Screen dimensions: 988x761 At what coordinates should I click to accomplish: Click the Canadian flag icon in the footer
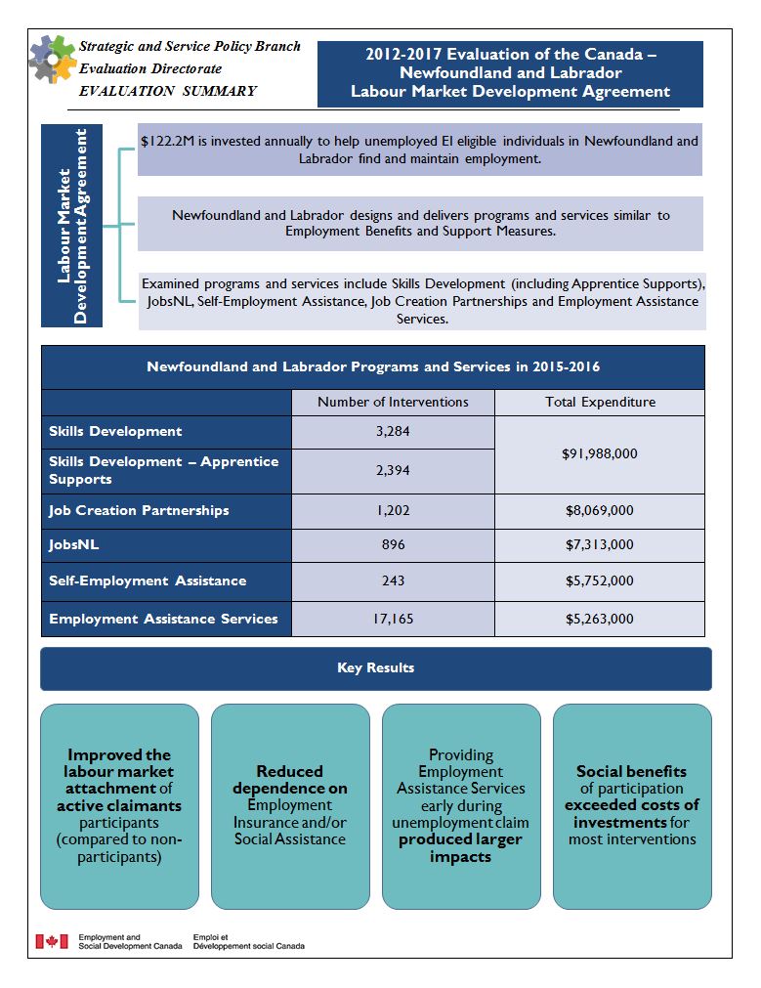(51, 941)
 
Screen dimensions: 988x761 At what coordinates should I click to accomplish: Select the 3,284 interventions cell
(393, 431)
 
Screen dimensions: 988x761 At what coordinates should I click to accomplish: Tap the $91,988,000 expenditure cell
(600, 454)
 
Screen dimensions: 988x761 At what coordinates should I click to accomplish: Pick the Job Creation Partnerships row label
(139, 510)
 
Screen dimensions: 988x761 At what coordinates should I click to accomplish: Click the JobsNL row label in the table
(74, 545)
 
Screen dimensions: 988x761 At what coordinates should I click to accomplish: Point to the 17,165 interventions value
(393, 619)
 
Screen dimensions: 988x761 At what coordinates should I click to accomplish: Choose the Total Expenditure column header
(600, 402)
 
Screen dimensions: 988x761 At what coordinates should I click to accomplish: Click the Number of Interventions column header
(393, 402)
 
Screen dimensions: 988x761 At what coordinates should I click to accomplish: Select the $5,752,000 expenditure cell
(600, 580)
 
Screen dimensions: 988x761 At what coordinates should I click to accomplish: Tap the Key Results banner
(376, 668)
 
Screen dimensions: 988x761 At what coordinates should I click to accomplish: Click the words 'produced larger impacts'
(460, 848)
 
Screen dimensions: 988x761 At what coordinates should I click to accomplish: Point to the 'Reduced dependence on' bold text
(289, 780)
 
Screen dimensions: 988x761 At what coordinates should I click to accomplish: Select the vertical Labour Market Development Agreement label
(72, 227)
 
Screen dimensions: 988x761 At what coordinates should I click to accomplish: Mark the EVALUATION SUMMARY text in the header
(168, 91)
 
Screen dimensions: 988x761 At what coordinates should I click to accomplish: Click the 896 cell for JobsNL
(393, 545)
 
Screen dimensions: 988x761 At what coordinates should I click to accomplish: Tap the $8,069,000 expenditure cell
(600, 510)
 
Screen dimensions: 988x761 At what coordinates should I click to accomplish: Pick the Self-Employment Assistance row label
(148, 580)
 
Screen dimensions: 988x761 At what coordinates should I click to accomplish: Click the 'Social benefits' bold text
(631, 771)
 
